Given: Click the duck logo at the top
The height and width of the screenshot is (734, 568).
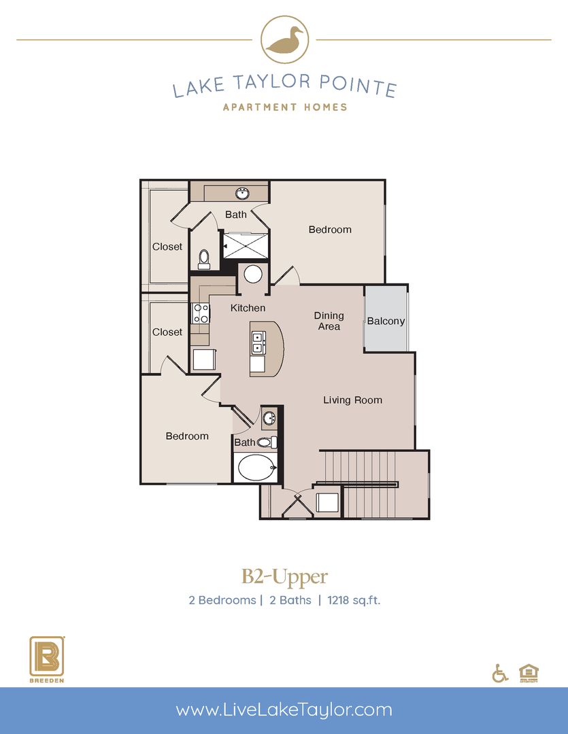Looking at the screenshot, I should pyautogui.click(x=284, y=40).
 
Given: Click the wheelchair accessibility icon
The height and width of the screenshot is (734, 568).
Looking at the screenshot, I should pyautogui.click(x=500, y=673).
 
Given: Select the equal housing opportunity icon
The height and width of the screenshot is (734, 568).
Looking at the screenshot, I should pyautogui.click(x=527, y=671).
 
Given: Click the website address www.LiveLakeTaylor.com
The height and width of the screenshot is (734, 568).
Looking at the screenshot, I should pyautogui.click(x=284, y=710).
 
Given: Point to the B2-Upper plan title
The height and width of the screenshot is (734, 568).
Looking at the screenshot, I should pyautogui.click(x=284, y=577).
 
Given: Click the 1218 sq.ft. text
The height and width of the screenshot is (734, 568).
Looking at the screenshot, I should pyautogui.click(x=354, y=600).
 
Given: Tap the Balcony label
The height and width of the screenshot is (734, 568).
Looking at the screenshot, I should pyautogui.click(x=386, y=321).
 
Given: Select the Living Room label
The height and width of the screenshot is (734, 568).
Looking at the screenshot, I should pyautogui.click(x=352, y=400).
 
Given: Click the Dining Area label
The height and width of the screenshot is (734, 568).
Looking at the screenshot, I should pyautogui.click(x=329, y=321).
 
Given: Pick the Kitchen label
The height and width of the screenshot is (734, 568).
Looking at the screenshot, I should pyautogui.click(x=248, y=308).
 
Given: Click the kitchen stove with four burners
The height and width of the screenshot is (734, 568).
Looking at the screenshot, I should pyautogui.click(x=201, y=313).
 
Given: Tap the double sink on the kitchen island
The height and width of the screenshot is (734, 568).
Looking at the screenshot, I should pyautogui.click(x=258, y=343).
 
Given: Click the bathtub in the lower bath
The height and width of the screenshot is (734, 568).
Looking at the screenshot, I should pyautogui.click(x=255, y=468).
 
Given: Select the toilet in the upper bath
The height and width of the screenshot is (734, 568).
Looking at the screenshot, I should pyautogui.click(x=204, y=258).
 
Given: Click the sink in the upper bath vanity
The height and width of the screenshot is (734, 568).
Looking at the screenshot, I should pyautogui.click(x=242, y=194).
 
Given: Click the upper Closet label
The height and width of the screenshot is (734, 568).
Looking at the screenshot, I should pyautogui.click(x=167, y=247).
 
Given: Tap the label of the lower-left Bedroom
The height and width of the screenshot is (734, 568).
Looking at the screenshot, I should pyautogui.click(x=187, y=436).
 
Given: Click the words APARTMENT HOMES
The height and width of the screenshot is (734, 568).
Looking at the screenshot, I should pyautogui.click(x=284, y=107).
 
